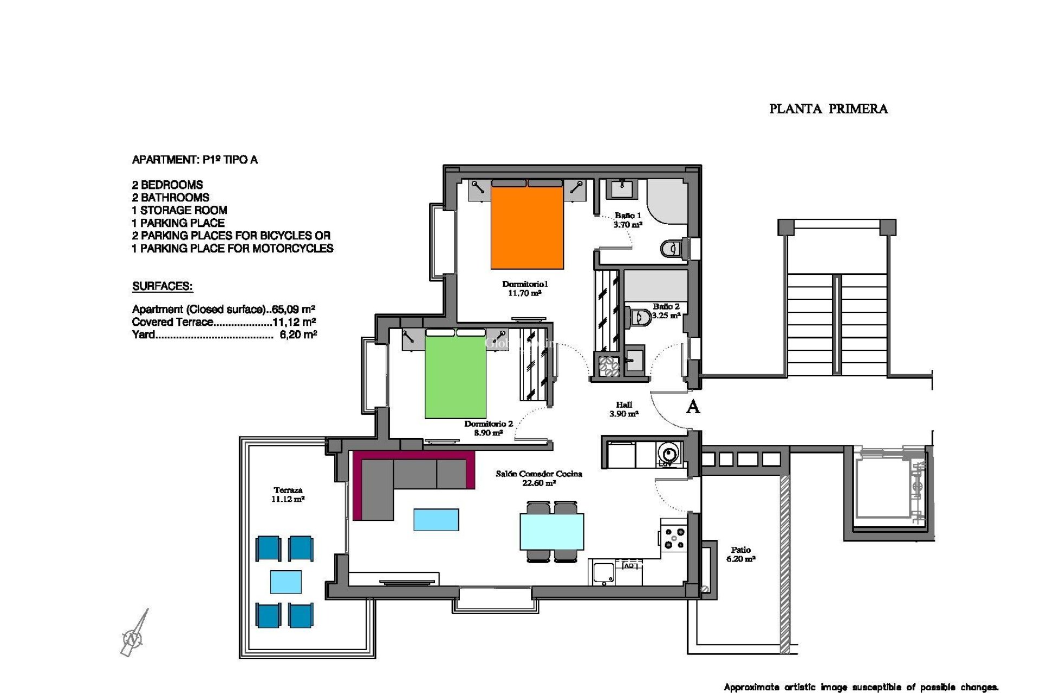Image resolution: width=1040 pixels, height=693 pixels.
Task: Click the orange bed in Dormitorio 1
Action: pos(527,227)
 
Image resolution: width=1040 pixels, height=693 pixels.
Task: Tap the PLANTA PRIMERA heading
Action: pos(828,109)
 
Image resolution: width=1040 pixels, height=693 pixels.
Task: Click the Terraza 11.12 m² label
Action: pos(288,494)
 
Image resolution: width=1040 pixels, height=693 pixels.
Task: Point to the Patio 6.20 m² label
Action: pos(740,554)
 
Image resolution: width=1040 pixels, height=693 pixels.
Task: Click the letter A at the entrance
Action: pos(693,407)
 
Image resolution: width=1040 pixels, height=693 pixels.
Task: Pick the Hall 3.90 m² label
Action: pos(623,409)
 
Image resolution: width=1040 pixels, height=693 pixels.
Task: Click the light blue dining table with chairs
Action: pos(551,532)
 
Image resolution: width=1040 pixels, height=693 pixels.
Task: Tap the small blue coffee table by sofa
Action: pos(436,519)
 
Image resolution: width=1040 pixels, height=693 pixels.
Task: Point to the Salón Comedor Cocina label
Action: pos(538,478)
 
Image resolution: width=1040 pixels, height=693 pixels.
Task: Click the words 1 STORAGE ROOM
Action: pos(179,210)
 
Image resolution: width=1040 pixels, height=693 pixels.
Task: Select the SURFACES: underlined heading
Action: pos(162,286)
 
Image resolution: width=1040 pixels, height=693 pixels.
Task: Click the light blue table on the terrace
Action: pos(285,582)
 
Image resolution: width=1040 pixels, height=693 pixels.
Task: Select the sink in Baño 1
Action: pos(621,189)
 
